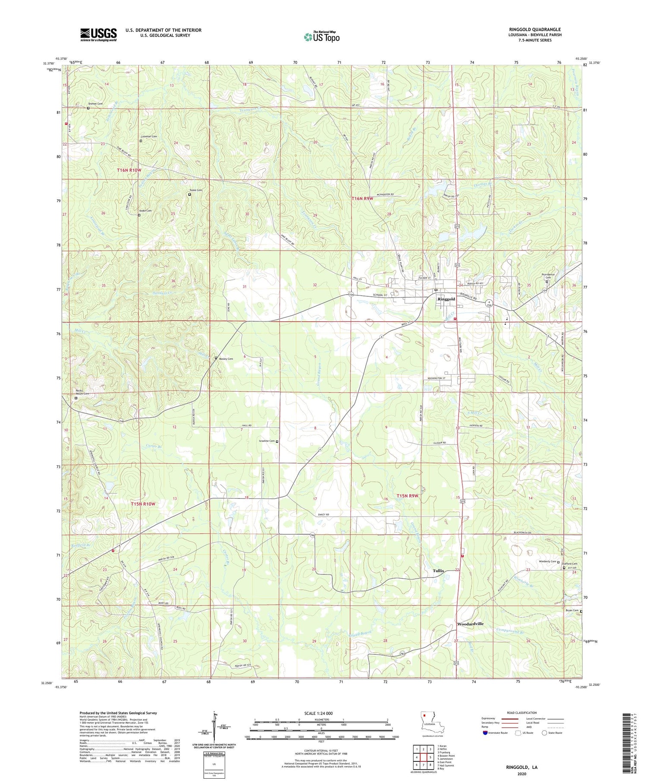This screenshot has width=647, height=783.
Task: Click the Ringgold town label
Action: [x=446, y=299]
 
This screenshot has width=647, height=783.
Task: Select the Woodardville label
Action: [x=470, y=624]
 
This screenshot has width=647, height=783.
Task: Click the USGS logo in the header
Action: [x=98, y=35]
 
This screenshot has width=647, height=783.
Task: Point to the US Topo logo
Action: [x=321, y=37]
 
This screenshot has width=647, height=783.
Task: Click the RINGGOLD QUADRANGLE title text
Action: [x=535, y=29]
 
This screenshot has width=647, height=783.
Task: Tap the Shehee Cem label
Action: [x=95, y=104]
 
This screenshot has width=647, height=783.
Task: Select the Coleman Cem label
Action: [x=148, y=136]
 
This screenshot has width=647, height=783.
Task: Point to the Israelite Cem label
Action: [x=266, y=441]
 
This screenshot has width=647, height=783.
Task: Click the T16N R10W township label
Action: [x=129, y=170]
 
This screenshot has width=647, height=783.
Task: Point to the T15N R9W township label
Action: [x=408, y=496]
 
